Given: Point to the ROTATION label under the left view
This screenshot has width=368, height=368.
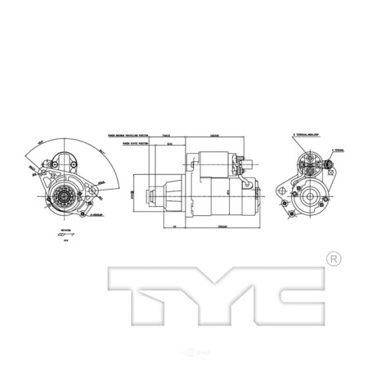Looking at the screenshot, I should pos(65,231).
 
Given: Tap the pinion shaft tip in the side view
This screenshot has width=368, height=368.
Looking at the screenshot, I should pos(147,196).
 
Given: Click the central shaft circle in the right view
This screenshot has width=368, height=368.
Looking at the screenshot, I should pos(312,196).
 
